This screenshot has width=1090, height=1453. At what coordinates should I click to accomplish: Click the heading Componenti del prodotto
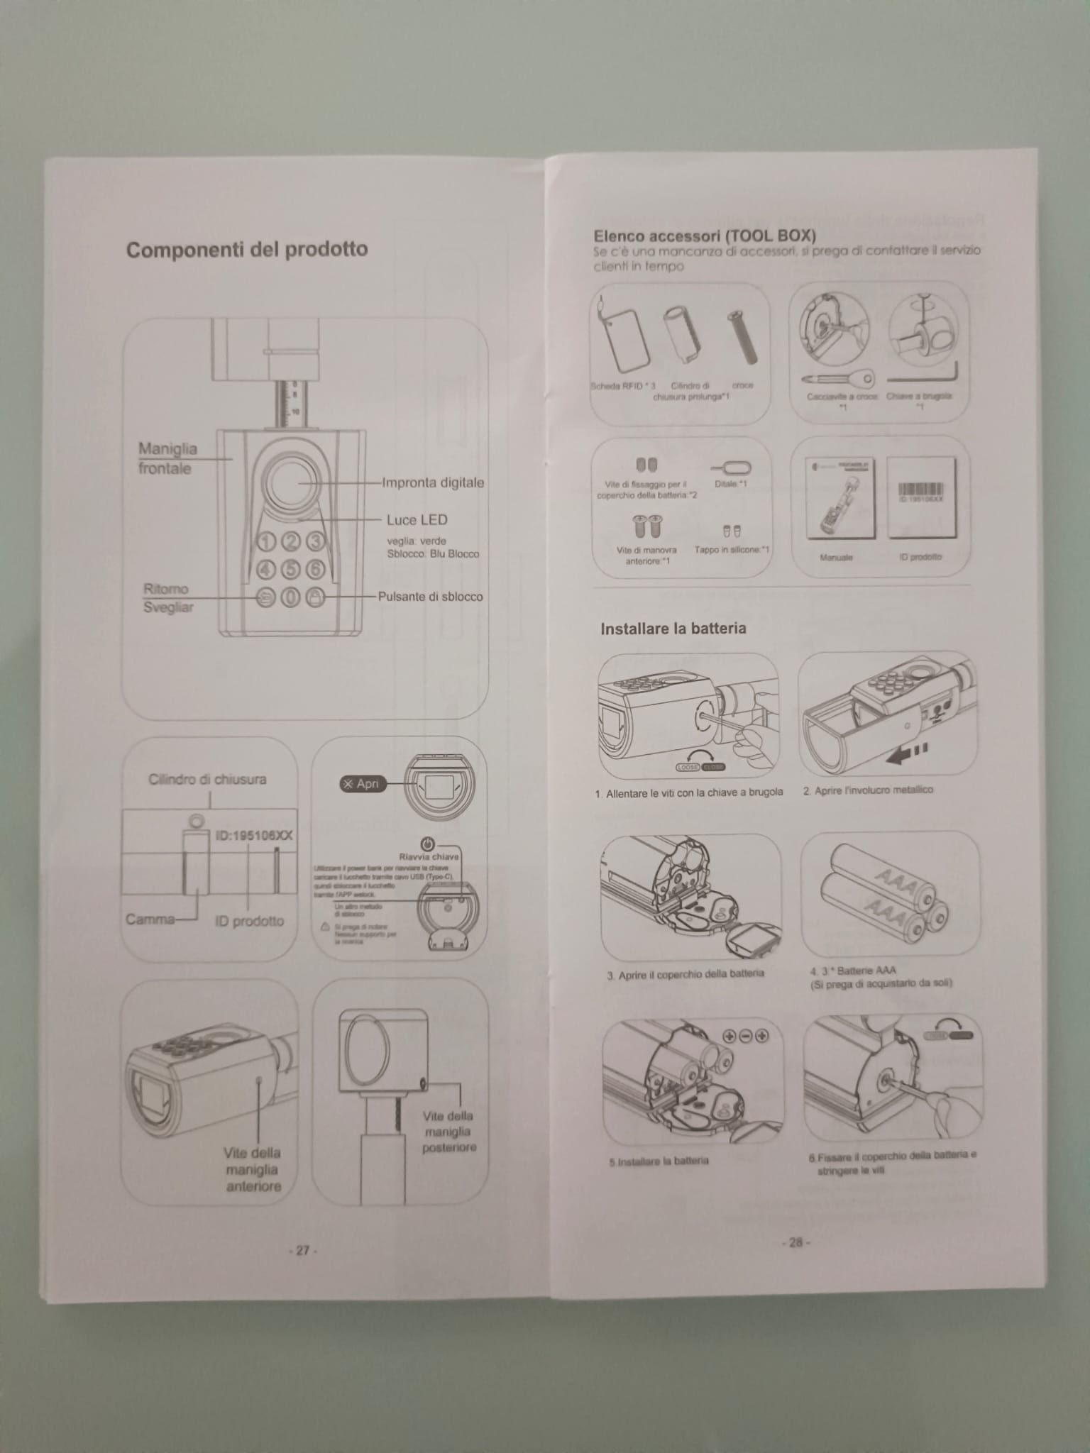247,250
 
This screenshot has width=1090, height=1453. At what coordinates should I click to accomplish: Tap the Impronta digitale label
433,483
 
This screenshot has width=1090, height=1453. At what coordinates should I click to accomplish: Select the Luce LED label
417,520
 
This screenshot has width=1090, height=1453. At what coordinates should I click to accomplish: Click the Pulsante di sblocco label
430,597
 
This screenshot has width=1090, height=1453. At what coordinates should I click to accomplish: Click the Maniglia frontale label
167,458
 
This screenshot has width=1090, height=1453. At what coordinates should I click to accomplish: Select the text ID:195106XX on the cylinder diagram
253,835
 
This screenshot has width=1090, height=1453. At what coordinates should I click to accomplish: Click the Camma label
150,919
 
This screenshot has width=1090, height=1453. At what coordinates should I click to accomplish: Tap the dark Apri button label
363,784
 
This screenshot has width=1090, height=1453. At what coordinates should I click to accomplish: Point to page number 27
303,1251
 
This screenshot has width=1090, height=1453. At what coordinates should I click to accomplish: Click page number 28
795,1242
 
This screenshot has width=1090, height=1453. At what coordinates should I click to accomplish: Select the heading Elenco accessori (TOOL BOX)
705,236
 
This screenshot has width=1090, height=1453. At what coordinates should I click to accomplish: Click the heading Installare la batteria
673,629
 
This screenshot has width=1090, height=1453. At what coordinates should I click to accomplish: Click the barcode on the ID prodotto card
920,490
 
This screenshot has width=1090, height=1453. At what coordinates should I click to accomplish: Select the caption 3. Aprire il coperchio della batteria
685,974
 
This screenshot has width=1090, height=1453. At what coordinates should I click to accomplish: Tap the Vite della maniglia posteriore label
448,1131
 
